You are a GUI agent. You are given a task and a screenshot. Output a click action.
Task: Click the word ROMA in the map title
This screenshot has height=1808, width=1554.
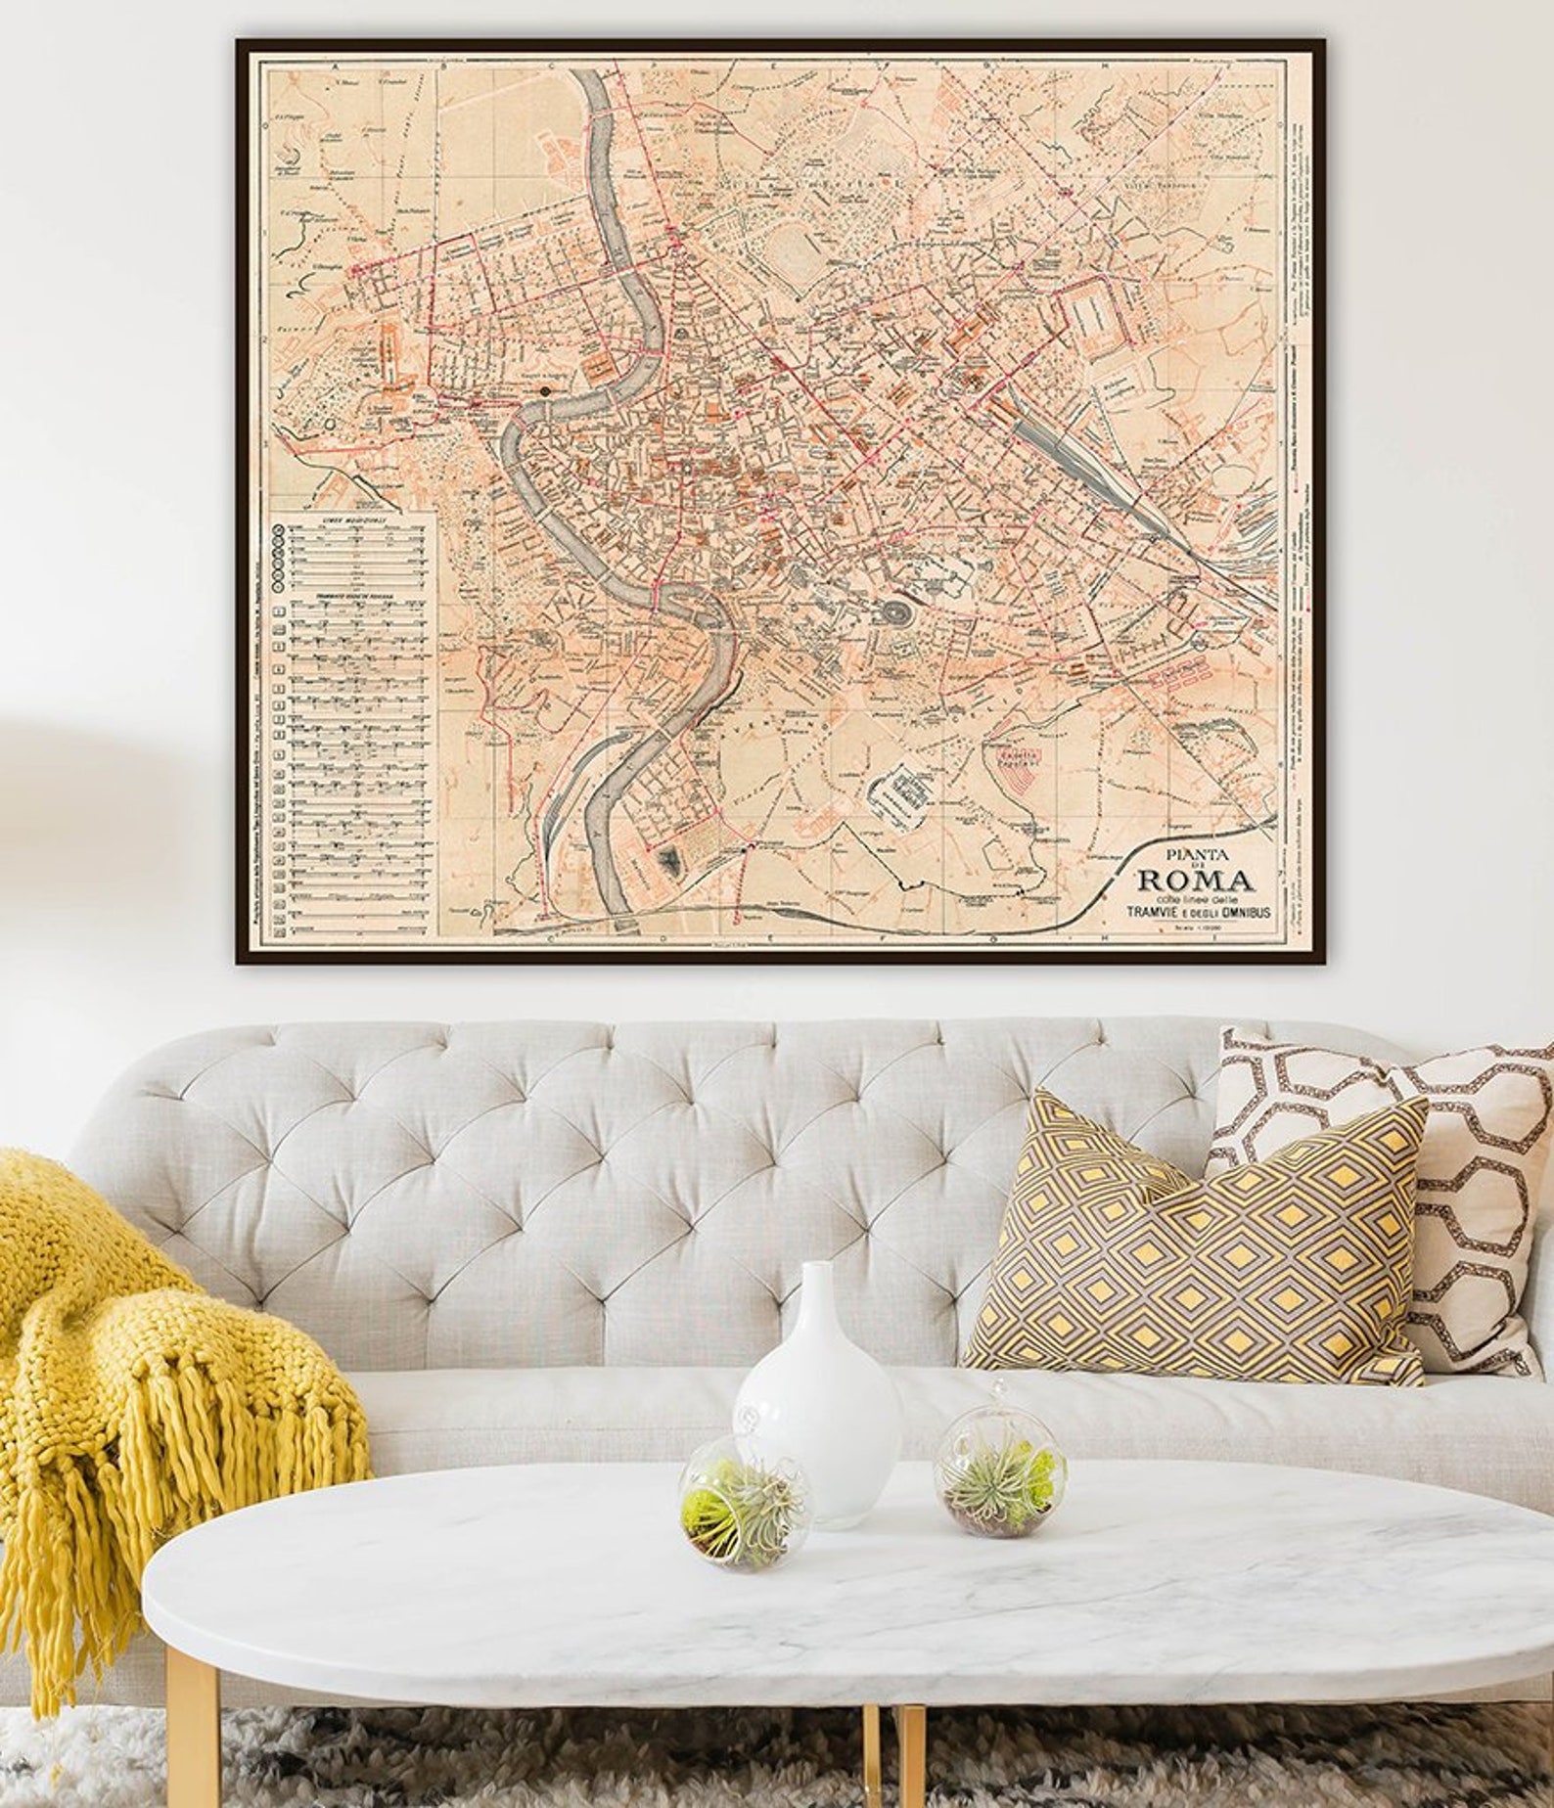pos(1193,879)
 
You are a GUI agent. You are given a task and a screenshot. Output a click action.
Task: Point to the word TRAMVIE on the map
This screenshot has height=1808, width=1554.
pos(1153,912)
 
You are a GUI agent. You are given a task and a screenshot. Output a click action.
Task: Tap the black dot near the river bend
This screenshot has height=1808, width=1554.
pos(545,391)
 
